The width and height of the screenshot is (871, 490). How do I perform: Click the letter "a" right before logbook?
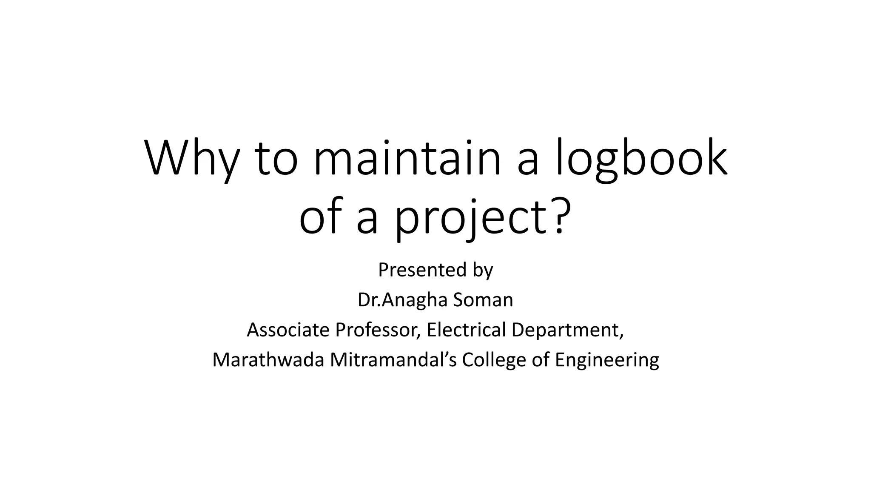[528, 162]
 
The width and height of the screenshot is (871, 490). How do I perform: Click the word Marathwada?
[268, 359]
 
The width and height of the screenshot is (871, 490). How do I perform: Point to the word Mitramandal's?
[393, 359]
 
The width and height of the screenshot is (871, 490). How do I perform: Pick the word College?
[494, 360]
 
